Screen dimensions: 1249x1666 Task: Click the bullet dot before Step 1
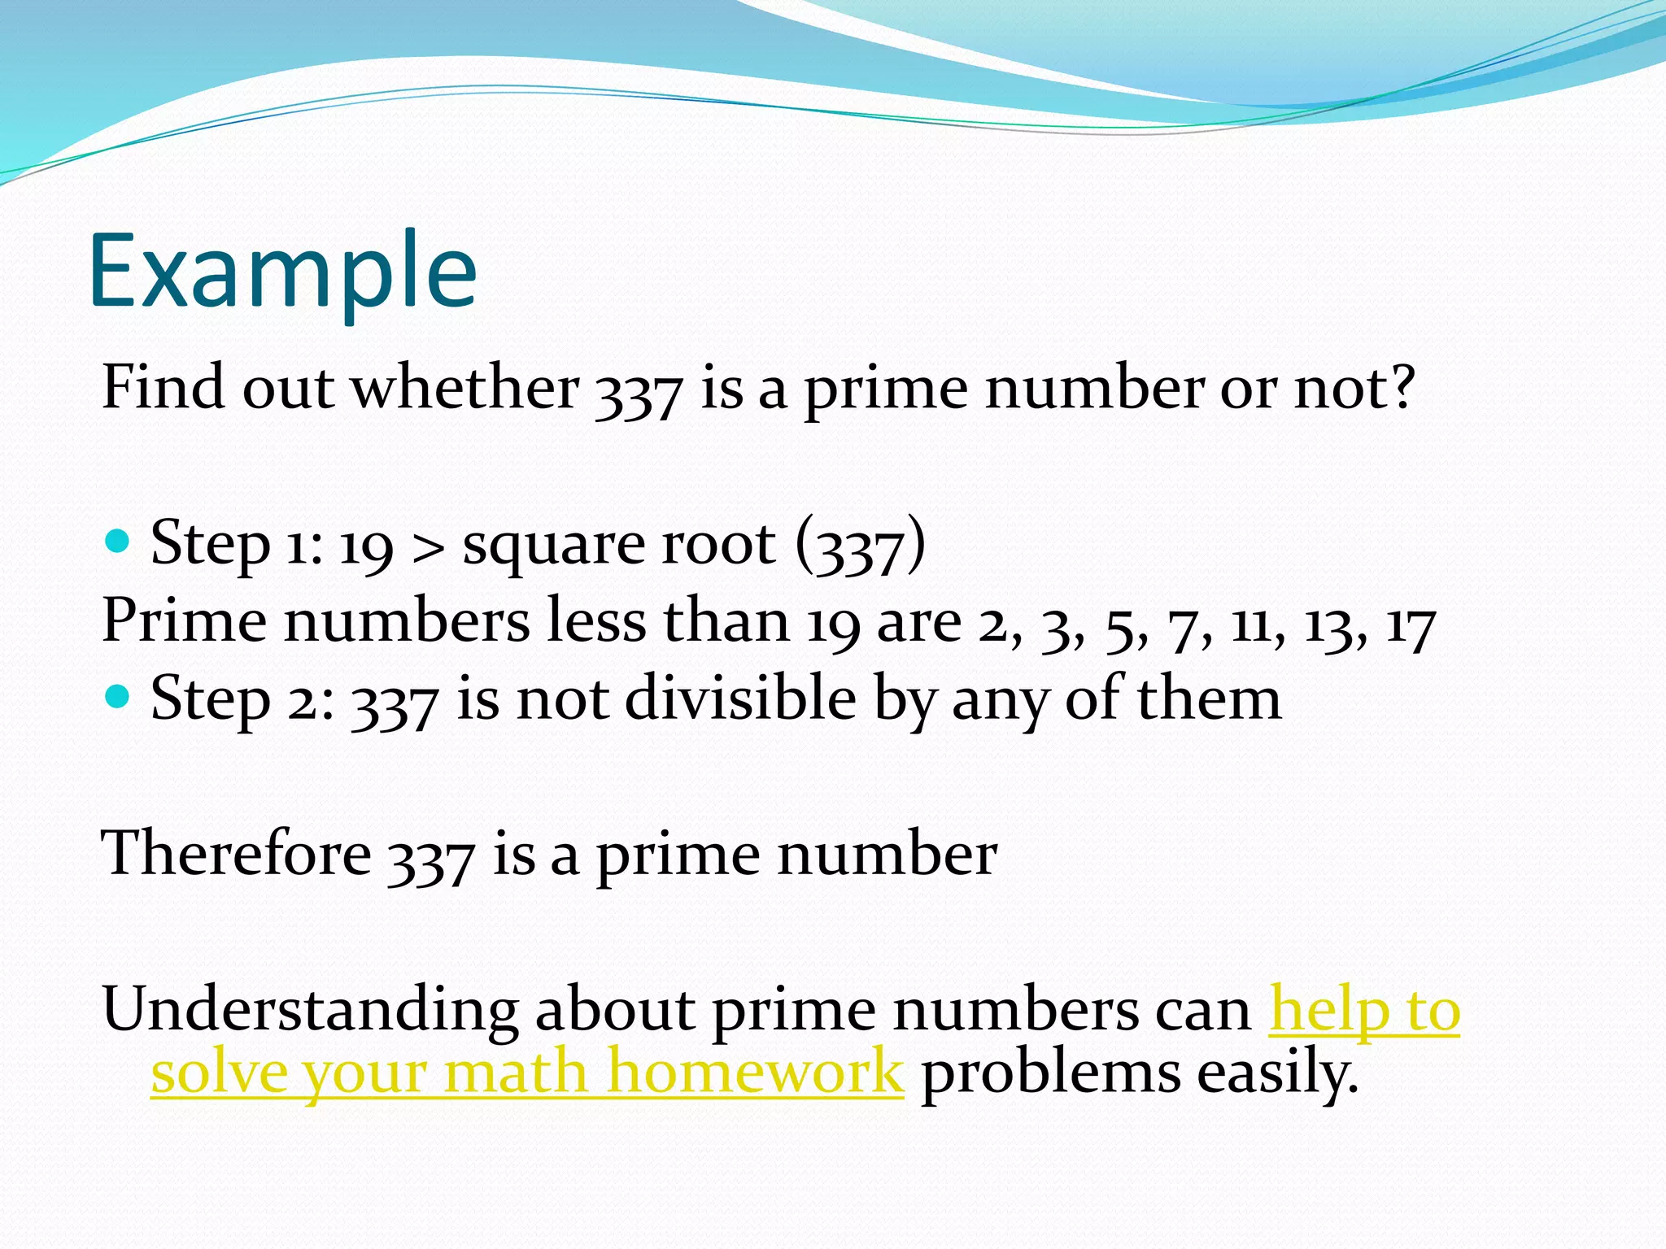point(119,541)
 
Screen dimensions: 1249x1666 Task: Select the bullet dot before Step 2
point(119,696)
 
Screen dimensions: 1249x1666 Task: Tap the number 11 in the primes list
point(1254,624)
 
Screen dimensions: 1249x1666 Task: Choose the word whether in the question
point(465,387)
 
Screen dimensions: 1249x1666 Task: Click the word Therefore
point(236,853)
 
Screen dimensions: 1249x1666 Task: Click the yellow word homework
point(755,1072)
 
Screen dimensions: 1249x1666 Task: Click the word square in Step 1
point(553,545)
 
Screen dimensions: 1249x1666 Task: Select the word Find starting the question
point(163,387)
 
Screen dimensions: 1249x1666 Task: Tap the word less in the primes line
point(595,621)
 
